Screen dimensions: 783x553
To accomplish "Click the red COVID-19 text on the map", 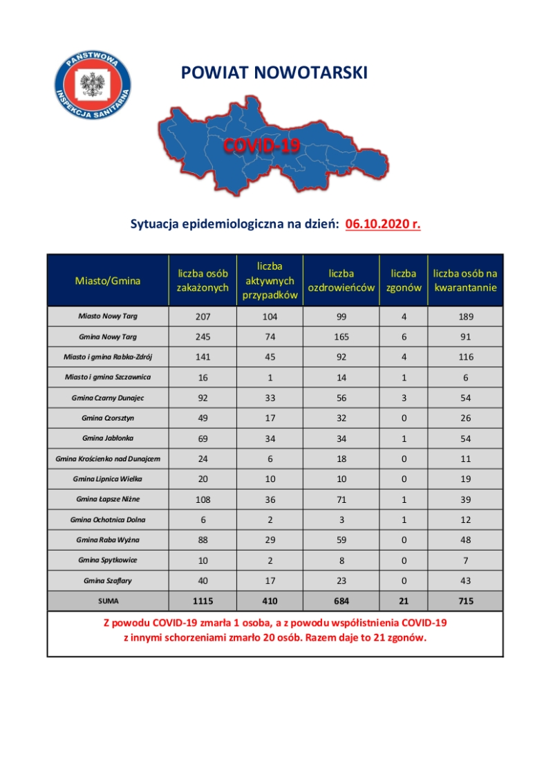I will coord(261,145).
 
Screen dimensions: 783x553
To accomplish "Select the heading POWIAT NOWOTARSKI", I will coord(274,73).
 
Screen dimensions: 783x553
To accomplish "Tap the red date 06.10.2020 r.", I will coord(383,224).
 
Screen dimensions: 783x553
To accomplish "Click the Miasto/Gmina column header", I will coord(108,281).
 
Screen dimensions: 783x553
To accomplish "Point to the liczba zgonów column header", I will coord(404,281).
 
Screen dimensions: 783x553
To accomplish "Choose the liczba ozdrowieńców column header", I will coord(341,281).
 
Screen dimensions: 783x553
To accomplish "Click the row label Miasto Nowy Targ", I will coord(108,316).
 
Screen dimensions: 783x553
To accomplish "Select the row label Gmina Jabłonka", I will coord(108,438).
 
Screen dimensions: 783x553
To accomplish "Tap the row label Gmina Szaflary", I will coord(108,580).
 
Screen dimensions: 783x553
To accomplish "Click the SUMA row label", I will coord(108,602).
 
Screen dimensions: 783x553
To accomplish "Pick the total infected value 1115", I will coord(203,602).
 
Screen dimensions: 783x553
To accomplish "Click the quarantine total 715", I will coord(466,602).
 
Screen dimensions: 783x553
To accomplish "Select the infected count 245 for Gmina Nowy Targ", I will coord(203,337).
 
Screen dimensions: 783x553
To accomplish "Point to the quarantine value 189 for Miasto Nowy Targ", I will coord(466,316).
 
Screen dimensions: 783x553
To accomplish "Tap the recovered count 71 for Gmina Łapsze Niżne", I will coord(341,499).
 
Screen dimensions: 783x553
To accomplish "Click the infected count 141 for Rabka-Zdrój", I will coord(203,357).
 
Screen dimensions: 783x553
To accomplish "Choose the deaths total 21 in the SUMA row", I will coord(404,602).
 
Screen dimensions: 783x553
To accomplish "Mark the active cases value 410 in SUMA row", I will coord(270,602).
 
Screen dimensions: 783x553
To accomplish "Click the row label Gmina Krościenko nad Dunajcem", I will coord(108,459).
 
